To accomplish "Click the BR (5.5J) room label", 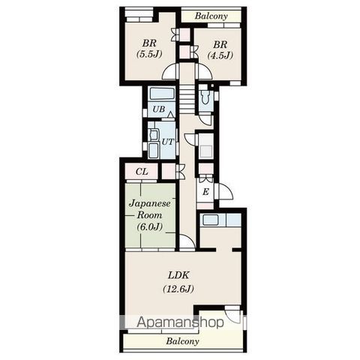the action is [x=149, y=49].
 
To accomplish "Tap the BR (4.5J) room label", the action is [x=220, y=49].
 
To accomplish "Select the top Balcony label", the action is [x=211, y=16].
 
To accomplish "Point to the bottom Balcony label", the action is [x=183, y=341].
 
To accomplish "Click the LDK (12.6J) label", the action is [x=178, y=282].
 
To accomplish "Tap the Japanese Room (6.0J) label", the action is [x=149, y=214].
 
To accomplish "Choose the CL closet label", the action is [x=142, y=172].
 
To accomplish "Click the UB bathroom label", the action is [x=159, y=109].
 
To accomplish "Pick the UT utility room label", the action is [x=167, y=142].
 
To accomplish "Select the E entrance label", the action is [x=205, y=192].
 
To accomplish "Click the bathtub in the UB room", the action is [x=162, y=94].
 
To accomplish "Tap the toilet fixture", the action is [x=206, y=97].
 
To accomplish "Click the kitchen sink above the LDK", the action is [x=211, y=220].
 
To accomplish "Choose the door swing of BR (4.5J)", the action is [x=204, y=72].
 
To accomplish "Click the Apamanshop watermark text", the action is [x=180, y=322].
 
